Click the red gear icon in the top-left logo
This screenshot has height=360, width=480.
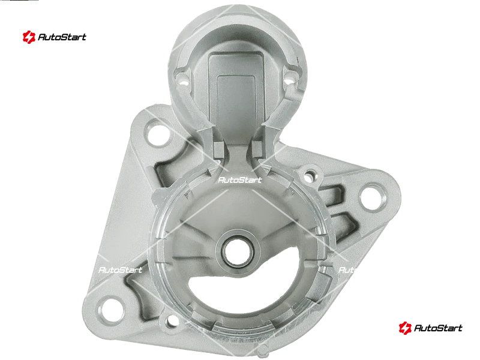coord(29,37)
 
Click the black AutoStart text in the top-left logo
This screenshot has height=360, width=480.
coord(62,37)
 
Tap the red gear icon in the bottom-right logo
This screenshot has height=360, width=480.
coord(405,328)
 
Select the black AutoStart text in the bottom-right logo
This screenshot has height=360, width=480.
coord(438,328)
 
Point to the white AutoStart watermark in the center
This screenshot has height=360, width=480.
coord(240,179)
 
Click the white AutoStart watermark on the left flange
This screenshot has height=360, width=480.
coord(121,269)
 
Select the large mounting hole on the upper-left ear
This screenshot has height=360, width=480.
coord(158,134)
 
